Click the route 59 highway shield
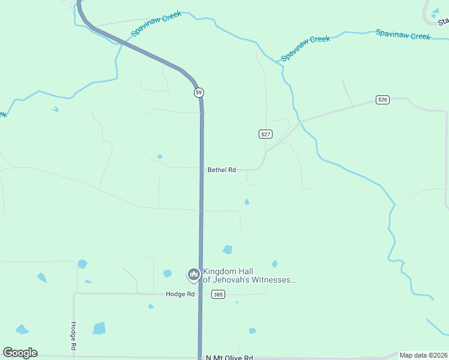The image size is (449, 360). click(199, 92)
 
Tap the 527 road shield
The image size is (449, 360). click(266, 134)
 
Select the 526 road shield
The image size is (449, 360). click(382, 100)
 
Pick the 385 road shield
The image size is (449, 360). click(218, 294)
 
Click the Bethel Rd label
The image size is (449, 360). click(221, 170)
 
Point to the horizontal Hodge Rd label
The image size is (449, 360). click(181, 294)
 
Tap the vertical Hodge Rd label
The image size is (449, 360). click(73, 336)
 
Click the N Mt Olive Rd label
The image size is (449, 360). click(229, 358)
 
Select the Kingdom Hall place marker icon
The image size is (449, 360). click(193, 275)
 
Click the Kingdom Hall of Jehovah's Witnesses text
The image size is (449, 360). click(249, 275)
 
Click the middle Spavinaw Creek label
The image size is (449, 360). click(306, 47)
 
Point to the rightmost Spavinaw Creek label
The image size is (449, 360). click(403, 34)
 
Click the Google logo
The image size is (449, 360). click(20, 353)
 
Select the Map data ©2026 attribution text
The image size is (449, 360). click(423, 355)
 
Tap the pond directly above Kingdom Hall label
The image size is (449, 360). click(228, 250)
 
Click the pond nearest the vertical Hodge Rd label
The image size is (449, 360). click(99, 328)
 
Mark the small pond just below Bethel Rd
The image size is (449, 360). click(247, 202)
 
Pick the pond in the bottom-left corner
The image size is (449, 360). click(22, 329)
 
